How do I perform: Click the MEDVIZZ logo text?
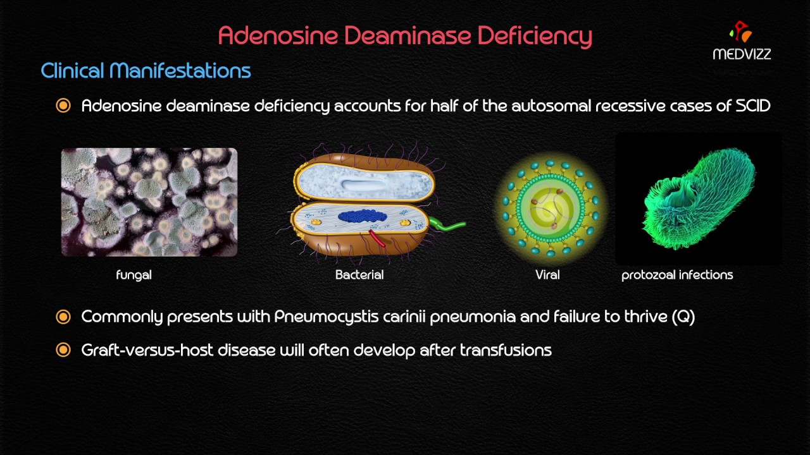click(x=742, y=54)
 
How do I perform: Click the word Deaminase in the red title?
click(x=409, y=35)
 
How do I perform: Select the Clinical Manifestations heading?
click(x=146, y=71)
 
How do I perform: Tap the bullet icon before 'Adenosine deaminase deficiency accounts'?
click(x=63, y=106)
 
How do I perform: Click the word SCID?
click(x=753, y=106)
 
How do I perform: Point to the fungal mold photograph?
click(x=149, y=202)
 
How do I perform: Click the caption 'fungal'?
click(x=134, y=275)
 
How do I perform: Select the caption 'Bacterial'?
click(x=359, y=275)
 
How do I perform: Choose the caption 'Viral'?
click(x=547, y=275)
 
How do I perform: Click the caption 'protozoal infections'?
click(x=677, y=275)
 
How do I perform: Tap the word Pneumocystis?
click(x=325, y=317)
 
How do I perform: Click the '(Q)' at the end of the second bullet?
click(x=683, y=317)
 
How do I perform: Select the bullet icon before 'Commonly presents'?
click(x=63, y=317)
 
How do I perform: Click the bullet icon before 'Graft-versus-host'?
click(x=63, y=350)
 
